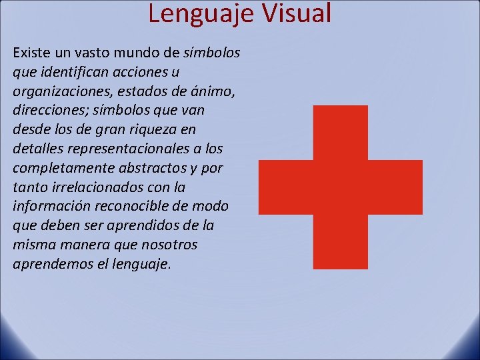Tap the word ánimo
click(216, 90)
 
